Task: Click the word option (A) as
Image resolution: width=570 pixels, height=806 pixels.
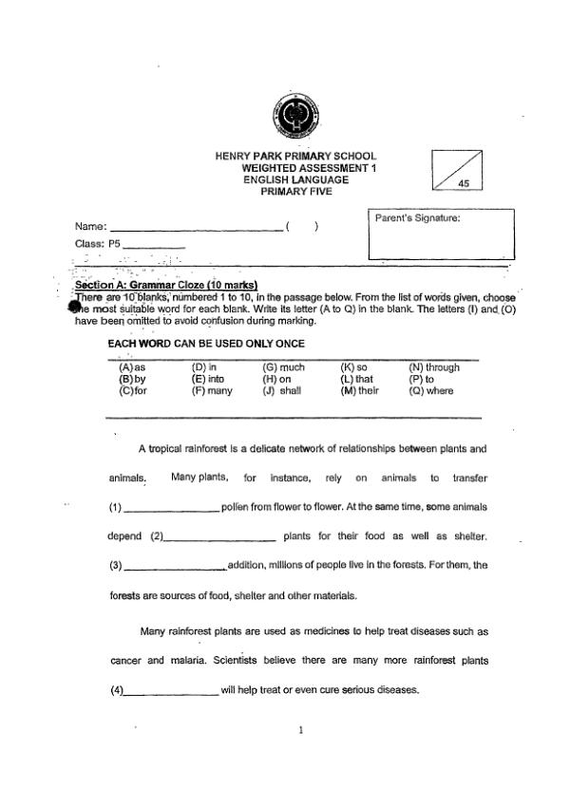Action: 132,367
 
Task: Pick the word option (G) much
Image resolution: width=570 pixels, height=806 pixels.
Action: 283,367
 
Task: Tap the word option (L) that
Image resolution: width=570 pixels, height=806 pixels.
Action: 356,379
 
